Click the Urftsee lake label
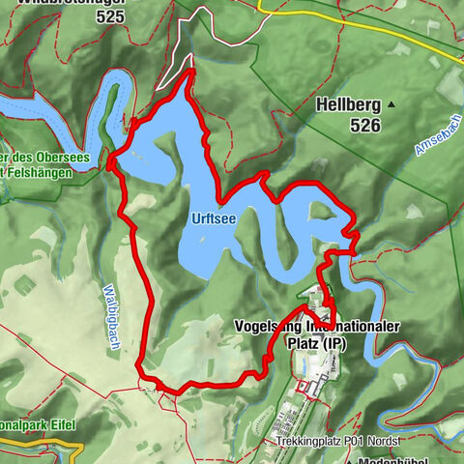[x=214, y=219]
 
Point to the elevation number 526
[x=366, y=126]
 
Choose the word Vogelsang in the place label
[x=267, y=327]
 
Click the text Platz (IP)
[x=315, y=342]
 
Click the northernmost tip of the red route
[x=191, y=71]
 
